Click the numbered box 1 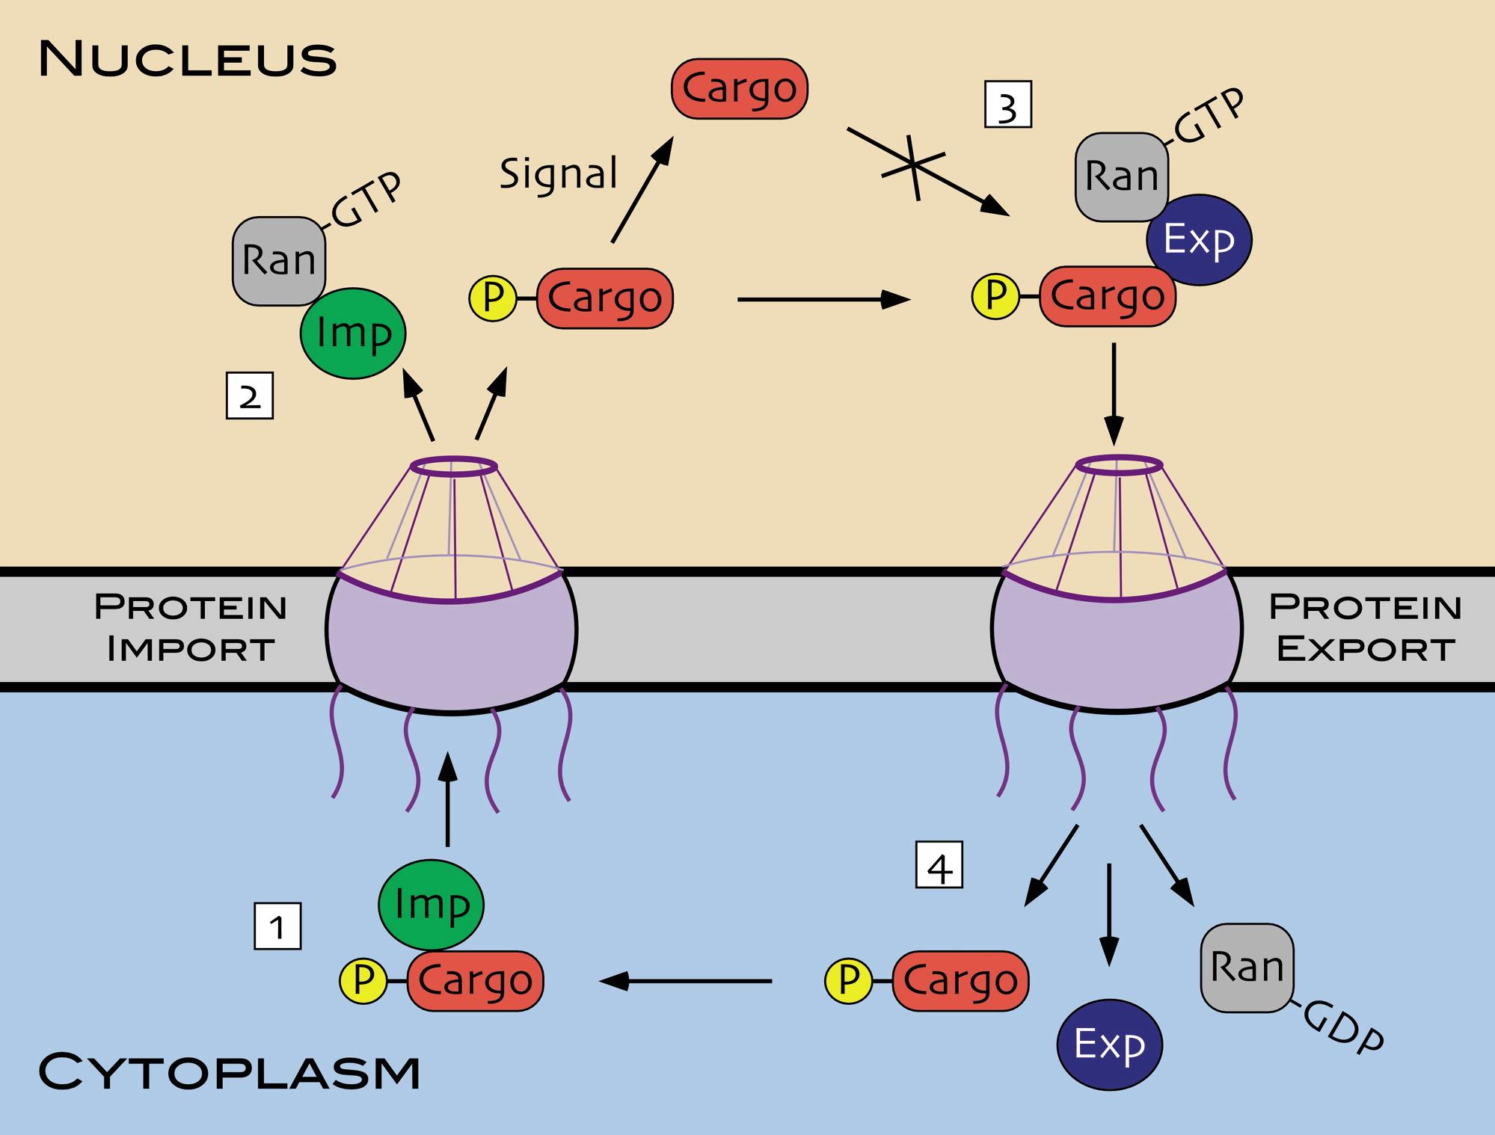pos(277,926)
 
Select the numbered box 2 pos(249,396)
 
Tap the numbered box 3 pos(1007,105)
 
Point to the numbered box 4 pos(939,865)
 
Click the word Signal pos(559,173)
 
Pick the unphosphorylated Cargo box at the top pos(740,89)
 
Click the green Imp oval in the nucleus pos(353,333)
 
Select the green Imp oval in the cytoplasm pos(432,905)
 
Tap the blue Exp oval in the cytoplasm pos(1110,1045)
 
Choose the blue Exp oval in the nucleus pos(1199,240)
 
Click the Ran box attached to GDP pos(1247,968)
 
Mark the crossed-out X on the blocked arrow pos(913,164)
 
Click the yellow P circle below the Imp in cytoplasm pos(363,981)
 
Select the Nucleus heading pos(187,59)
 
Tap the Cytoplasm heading pos(229,1071)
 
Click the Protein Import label pos(191,627)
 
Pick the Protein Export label pos(1365,627)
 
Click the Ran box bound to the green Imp pos(279,261)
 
